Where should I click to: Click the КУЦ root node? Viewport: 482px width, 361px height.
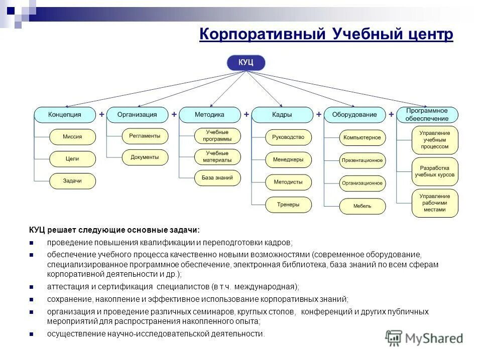[246, 63]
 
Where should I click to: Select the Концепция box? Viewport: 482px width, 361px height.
[65, 115]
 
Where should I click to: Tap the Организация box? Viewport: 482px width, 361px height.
[137, 115]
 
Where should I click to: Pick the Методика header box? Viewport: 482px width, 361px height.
[209, 115]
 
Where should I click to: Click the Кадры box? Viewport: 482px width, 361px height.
[282, 115]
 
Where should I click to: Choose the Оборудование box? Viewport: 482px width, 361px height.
[354, 115]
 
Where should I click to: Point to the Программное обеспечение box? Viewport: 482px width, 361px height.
[427, 115]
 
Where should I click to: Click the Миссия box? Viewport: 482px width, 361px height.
[72, 136]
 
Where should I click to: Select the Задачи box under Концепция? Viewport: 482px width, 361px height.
[72, 180]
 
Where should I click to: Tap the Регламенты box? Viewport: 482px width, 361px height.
[145, 136]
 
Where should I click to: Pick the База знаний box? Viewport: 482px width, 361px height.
[217, 178]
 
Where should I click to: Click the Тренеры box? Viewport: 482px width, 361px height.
[288, 205]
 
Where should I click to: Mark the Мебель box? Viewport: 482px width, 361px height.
[363, 206]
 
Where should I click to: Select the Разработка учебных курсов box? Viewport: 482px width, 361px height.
[435, 171]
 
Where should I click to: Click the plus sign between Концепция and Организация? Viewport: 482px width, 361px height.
[101, 114]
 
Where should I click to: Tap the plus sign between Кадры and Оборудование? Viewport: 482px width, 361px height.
[318, 114]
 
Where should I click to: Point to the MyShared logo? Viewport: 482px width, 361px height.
[424, 338]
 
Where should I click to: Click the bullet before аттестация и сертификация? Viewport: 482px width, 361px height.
[31, 287]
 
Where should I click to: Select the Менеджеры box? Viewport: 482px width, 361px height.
[288, 159]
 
